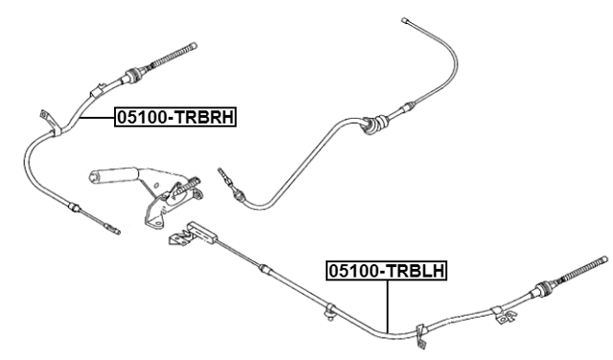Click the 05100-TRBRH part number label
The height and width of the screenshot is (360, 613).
pos(176,118)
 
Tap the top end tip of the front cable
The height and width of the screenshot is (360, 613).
pos(406,18)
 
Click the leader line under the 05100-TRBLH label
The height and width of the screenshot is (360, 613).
pos(387,306)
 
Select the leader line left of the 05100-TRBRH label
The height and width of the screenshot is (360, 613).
pos(96,117)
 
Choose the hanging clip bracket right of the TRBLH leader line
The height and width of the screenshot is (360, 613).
pos(420,335)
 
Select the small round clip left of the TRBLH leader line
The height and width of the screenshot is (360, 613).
pos(329,309)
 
